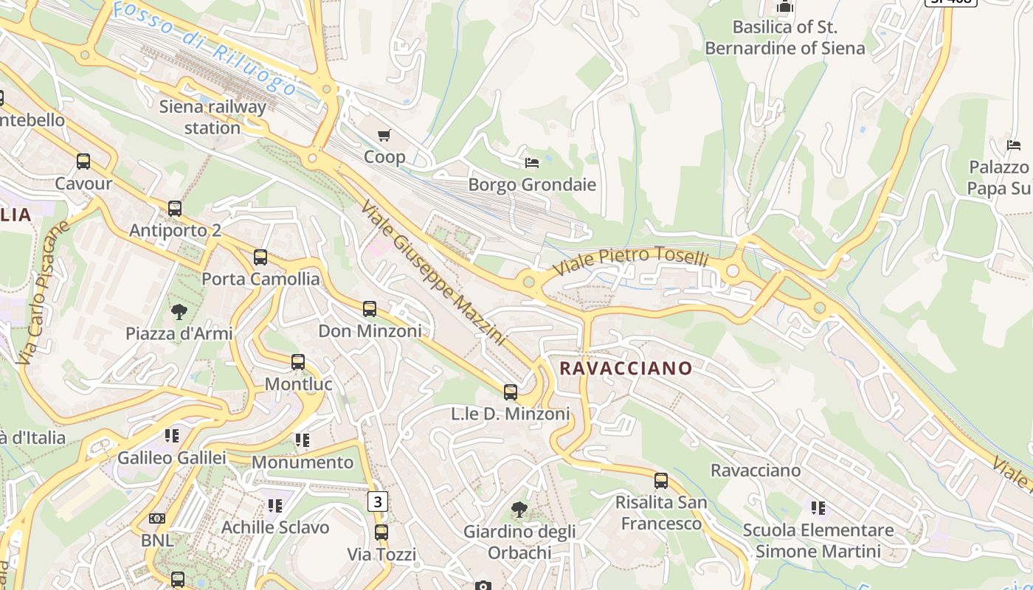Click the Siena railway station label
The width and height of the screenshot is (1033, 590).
pyautogui.click(x=213, y=117)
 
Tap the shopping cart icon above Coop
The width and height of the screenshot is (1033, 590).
pyautogui.click(x=384, y=135)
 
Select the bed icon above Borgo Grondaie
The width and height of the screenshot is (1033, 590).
pyautogui.click(x=532, y=162)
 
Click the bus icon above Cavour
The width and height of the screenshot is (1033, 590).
pyautogui.click(x=83, y=162)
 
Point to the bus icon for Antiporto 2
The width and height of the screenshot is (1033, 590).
pyautogui.click(x=175, y=209)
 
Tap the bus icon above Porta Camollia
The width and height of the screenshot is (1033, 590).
pyautogui.click(x=260, y=257)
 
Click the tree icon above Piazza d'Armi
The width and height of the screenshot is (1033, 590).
pyautogui.click(x=179, y=312)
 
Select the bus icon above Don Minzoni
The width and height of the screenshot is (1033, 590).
pyautogui.click(x=370, y=309)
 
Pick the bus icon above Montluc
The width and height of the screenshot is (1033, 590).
pyautogui.click(x=298, y=362)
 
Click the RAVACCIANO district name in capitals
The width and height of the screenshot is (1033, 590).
pyautogui.click(x=626, y=368)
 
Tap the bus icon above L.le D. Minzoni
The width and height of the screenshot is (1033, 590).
pyautogui.click(x=511, y=392)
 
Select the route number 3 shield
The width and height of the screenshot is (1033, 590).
pyautogui.click(x=378, y=502)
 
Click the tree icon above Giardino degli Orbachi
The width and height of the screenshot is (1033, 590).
pyautogui.click(x=519, y=509)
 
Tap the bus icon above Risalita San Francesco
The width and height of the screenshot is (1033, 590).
pyautogui.click(x=661, y=481)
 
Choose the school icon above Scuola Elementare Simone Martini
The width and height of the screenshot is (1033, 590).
pyautogui.click(x=818, y=507)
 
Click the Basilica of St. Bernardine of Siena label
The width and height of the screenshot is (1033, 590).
pyautogui.click(x=785, y=38)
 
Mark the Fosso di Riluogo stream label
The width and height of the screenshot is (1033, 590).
pyautogui.click(x=205, y=49)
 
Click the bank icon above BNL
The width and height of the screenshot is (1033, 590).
pyautogui.click(x=157, y=518)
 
